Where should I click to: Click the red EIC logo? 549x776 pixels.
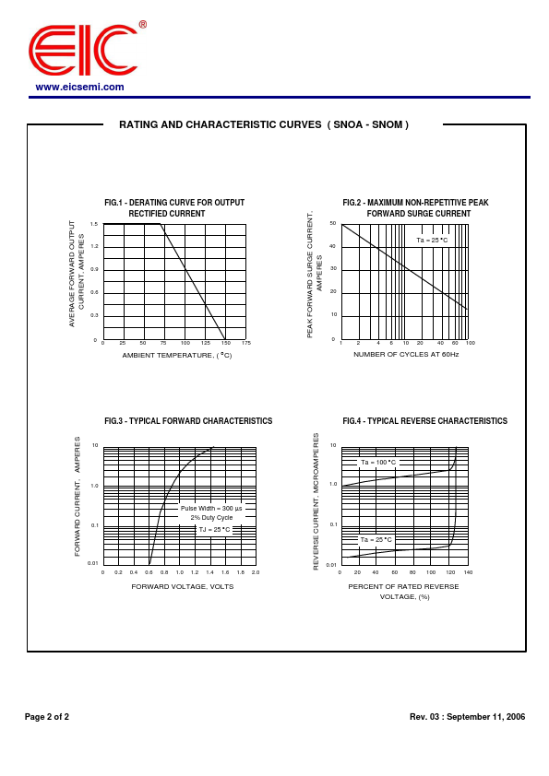click(x=82, y=50)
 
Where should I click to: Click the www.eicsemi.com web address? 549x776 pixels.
click(x=79, y=87)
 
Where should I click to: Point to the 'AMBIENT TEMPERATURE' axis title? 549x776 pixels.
click(x=176, y=355)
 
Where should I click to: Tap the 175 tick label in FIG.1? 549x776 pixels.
click(x=246, y=343)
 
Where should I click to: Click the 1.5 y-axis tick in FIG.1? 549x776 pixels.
click(x=94, y=224)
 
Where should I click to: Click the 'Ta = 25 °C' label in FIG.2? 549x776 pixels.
click(x=432, y=241)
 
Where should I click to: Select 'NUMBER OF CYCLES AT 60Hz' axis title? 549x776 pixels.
click(x=406, y=354)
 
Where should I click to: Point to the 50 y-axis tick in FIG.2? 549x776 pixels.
click(x=332, y=224)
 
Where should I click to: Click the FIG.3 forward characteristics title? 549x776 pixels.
click(x=188, y=421)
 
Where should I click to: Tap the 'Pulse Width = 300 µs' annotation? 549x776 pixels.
click(x=211, y=508)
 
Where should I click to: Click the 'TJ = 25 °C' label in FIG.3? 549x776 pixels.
click(x=214, y=530)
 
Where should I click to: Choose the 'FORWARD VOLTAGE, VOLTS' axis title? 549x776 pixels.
click(x=183, y=586)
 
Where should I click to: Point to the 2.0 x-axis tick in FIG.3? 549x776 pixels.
click(x=255, y=572)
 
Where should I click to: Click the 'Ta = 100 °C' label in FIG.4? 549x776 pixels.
click(x=377, y=463)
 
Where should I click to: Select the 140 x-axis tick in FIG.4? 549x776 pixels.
click(x=468, y=572)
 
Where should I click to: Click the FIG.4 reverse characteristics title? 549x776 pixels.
click(x=424, y=421)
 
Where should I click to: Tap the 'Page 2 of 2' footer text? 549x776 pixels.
click(x=47, y=716)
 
